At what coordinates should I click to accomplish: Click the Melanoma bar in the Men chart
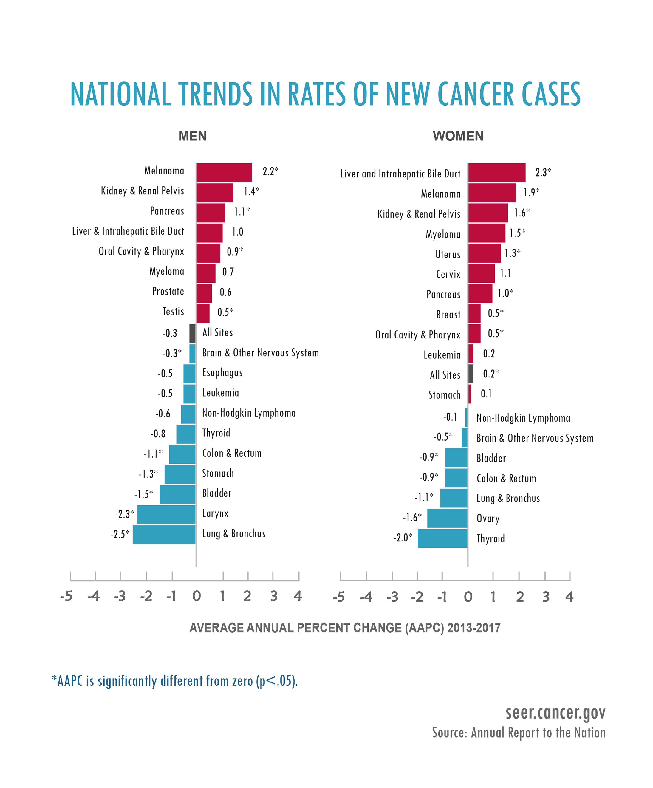tap(224, 173)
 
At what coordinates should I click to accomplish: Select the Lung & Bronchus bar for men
tap(164, 534)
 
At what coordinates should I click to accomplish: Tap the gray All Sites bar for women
tap(471, 374)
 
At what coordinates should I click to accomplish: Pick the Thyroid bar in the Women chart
tap(442, 538)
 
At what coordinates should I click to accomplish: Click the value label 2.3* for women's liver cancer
tap(543, 173)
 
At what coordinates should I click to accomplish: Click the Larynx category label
tap(215, 513)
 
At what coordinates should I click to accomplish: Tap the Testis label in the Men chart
tap(173, 312)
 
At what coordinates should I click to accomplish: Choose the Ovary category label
tap(488, 518)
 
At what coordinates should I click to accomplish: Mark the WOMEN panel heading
tap(458, 136)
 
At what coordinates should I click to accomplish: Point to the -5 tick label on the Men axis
tap(66, 596)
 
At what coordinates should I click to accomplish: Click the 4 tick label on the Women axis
tap(569, 597)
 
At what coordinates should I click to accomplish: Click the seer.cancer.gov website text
tap(555, 712)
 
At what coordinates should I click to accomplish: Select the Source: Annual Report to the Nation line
tap(519, 733)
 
